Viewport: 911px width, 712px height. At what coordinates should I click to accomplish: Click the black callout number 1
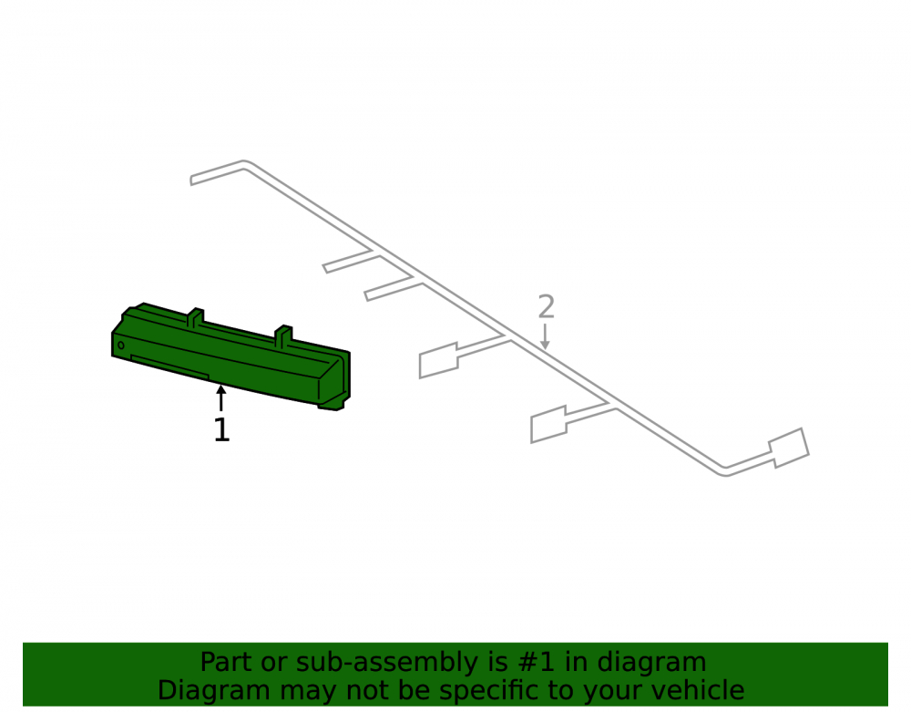(x=221, y=430)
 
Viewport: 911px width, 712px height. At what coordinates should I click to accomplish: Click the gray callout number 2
(x=546, y=306)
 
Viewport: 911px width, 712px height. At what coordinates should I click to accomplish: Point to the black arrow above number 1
(x=220, y=397)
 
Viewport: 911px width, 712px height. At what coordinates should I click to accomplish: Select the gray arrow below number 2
(x=545, y=336)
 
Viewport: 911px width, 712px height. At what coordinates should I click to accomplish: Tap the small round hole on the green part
(x=121, y=346)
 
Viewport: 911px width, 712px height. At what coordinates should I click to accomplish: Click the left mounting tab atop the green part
(x=196, y=318)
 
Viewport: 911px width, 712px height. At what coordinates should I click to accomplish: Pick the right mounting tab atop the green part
(x=283, y=336)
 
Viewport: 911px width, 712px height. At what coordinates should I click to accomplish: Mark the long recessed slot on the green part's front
(x=169, y=367)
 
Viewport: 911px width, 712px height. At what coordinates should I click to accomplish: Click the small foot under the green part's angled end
(x=332, y=405)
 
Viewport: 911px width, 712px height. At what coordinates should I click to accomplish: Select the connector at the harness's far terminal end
(x=789, y=449)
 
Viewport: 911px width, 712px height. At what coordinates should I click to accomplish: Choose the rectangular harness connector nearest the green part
(x=439, y=360)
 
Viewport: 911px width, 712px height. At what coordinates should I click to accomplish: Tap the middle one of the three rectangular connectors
(x=548, y=424)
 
